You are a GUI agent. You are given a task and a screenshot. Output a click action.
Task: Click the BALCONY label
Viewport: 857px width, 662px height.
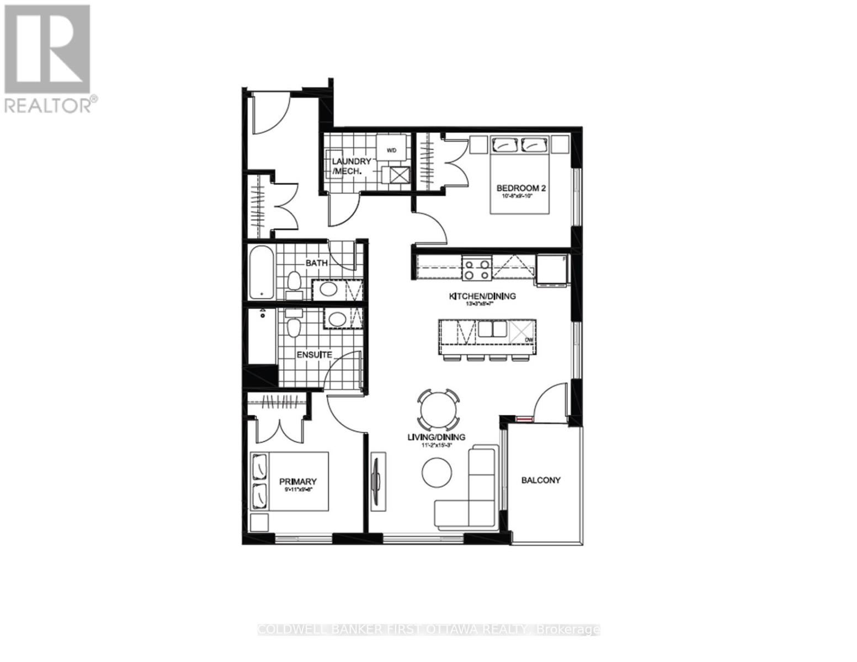(541, 480)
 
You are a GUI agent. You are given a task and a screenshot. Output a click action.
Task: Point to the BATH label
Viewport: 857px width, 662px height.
(317, 263)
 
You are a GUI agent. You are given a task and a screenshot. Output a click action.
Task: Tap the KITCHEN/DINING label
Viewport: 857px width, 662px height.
(482, 296)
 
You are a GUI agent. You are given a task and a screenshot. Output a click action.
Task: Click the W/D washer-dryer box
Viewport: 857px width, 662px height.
(392, 149)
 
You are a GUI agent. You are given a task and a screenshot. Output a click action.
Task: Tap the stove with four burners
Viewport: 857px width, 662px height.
(477, 269)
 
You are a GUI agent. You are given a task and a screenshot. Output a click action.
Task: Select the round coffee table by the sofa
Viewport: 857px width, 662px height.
(437, 472)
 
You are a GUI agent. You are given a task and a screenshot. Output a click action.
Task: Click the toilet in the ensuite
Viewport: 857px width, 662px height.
(293, 325)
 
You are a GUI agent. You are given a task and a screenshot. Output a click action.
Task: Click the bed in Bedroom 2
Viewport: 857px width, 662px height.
(520, 174)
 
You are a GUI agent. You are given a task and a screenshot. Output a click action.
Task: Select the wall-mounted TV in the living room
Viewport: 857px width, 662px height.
(377, 479)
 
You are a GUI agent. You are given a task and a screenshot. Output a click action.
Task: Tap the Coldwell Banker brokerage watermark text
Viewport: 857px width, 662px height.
(429, 629)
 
